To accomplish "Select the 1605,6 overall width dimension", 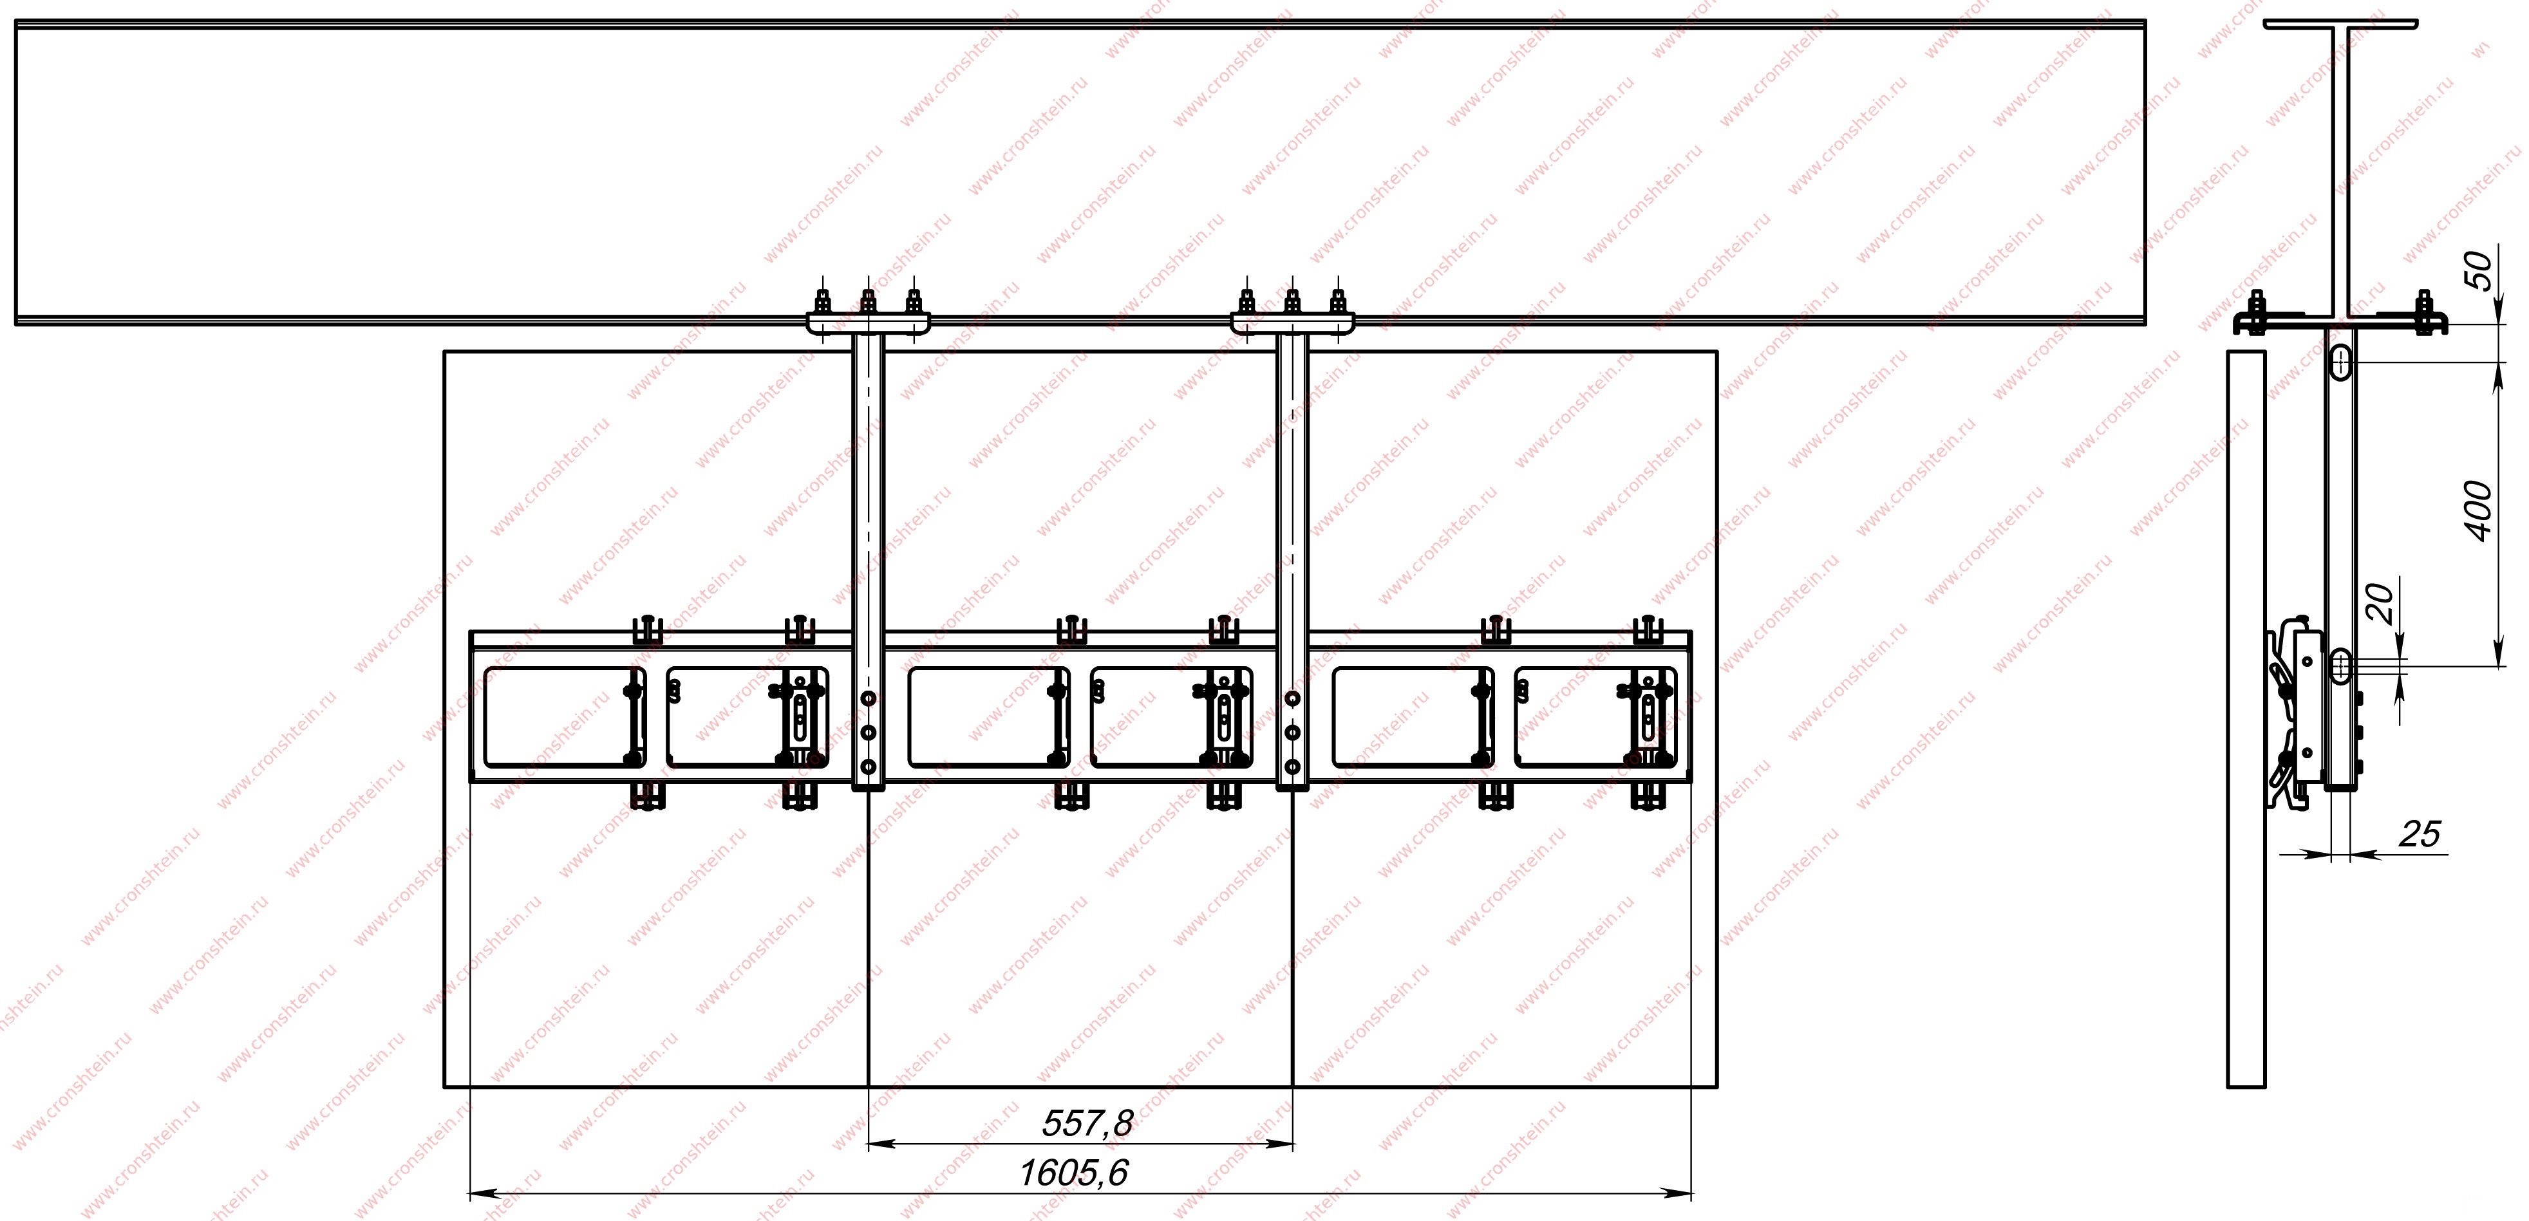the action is click(1074, 1172).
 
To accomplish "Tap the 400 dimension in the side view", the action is click(2479, 510).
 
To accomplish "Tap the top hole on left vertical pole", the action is click(868, 699).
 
